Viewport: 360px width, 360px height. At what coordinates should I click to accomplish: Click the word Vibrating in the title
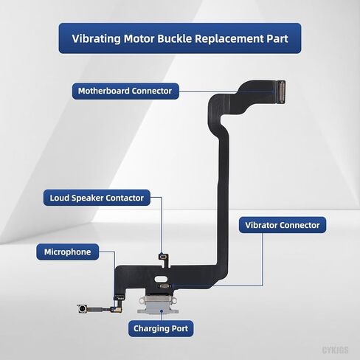97,38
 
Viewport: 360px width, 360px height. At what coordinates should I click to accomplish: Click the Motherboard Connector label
125,91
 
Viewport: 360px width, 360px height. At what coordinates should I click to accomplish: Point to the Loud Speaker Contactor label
97,198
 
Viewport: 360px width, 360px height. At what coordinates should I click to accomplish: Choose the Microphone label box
68,252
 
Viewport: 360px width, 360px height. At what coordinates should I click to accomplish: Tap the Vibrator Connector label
283,225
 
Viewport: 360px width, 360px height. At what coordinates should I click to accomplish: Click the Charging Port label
161,328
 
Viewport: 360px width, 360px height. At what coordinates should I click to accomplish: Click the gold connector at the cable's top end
281,92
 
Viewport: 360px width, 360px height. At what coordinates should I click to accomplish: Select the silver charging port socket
158,304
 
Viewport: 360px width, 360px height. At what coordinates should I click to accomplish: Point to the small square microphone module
81,308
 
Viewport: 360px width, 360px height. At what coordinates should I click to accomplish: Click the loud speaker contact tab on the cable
164,257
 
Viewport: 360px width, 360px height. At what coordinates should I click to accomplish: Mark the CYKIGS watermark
335,350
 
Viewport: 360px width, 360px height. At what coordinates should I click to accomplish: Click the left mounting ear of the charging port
142,301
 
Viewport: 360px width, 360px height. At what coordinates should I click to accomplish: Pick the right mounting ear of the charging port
174,301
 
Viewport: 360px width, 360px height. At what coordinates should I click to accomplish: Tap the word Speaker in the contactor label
87,198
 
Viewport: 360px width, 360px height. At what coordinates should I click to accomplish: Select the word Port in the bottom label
180,328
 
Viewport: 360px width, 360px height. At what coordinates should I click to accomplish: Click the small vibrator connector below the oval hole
165,286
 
